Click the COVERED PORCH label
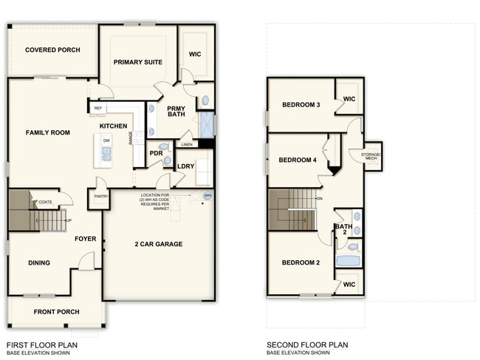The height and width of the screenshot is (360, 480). click(52, 50)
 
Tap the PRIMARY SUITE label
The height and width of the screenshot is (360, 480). click(138, 62)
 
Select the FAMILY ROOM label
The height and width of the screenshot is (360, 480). click(47, 132)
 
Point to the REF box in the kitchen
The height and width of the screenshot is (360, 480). click(97, 109)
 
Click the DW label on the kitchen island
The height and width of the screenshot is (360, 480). click(107, 140)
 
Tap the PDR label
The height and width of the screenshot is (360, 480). click(156, 154)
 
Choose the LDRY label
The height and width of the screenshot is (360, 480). click(185, 166)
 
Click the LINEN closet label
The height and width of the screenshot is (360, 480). click(187, 144)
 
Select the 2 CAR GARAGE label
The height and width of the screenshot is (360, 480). click(159, 244)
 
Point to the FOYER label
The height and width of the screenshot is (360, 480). click(86, 239)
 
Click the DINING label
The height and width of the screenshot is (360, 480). click(39, 262)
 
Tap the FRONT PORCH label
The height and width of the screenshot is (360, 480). click(55, 311)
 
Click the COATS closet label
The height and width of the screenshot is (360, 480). click(46, 202)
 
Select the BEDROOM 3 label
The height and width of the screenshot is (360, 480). click(301, 105)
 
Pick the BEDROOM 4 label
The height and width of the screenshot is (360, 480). click(298, 160)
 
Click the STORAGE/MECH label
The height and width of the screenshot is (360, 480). click(370, 156)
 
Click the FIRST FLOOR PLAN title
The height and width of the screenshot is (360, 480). click(41, 344)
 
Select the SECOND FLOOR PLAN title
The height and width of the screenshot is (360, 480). click(307, 344)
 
